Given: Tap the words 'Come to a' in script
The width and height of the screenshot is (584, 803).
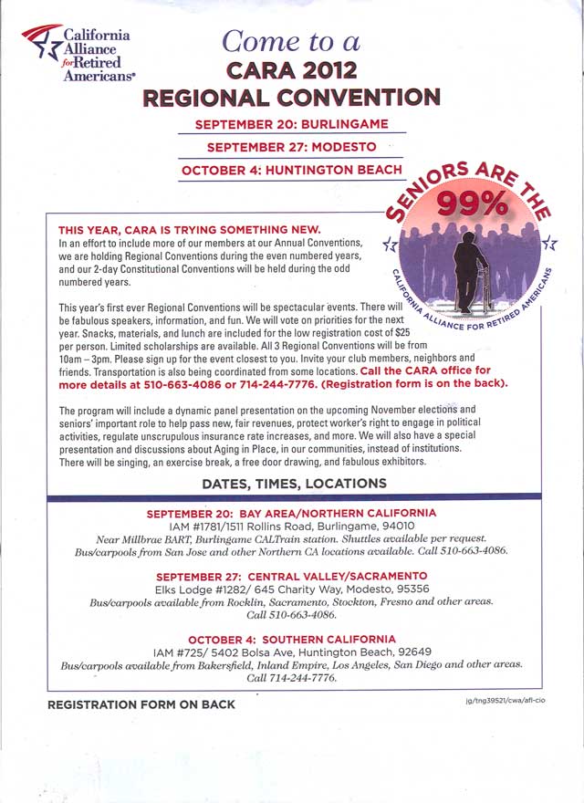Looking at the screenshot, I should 291,41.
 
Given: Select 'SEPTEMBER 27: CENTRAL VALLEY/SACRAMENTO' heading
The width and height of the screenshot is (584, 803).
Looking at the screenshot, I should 291,577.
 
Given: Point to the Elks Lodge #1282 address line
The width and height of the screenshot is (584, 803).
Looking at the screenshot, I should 292,589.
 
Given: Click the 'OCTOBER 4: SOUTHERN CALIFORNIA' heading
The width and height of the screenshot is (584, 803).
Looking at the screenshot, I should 292,639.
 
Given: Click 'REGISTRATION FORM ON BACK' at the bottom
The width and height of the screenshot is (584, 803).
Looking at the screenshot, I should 141,704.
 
